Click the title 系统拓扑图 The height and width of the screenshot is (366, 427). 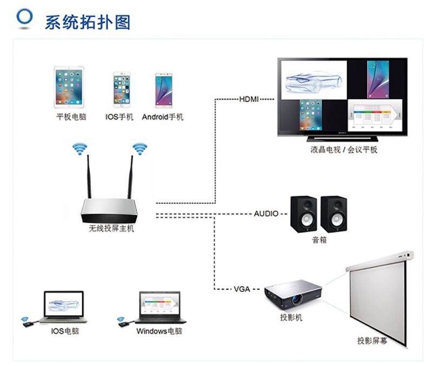pos(87,22)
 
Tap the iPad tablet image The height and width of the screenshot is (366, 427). pos(69,87)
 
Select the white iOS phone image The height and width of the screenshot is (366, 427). pos(121,90)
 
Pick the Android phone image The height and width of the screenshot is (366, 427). pos(163,90)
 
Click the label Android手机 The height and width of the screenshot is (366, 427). pos(163,117)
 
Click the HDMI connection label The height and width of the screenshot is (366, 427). pos(249,99)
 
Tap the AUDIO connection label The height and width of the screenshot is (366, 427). pos(266,214)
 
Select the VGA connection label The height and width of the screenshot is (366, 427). pos(242,289)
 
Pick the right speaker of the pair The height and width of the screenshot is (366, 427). pos(333,214)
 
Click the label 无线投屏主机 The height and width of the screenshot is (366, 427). pos(111,229)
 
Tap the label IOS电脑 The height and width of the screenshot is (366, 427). pos(65,331)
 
